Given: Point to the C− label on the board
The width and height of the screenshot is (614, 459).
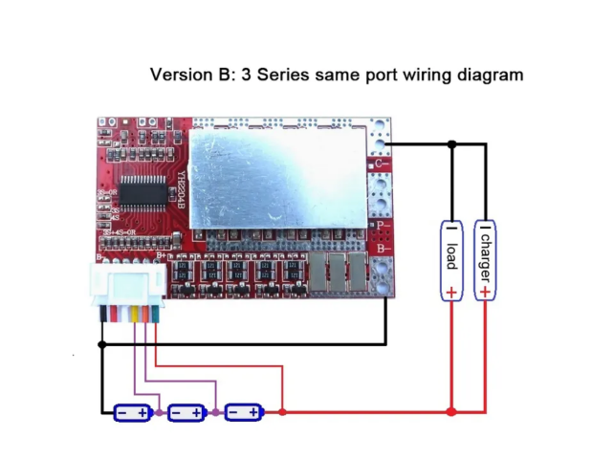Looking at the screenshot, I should (x=381, y=164).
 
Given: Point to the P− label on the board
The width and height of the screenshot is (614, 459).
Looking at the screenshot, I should (x=383, y=227).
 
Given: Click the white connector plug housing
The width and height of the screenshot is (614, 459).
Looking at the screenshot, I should (x=123, y=285).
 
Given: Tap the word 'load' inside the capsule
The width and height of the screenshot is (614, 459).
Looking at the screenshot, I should (x=451, y=254).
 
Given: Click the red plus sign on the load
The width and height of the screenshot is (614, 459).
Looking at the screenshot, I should (x=451, y=289).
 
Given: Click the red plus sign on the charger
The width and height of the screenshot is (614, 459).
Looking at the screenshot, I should (x=486, y=290).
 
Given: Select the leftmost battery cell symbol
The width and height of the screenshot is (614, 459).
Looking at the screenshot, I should (x=132, y=412).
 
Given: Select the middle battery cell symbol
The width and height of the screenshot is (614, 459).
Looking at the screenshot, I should (x=186, y=412).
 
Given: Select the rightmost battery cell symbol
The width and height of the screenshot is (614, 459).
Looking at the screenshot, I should (x=243, y=412).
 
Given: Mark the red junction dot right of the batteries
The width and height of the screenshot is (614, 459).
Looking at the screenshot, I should (x=283, y=412).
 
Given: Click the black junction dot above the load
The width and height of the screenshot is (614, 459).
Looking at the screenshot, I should (x=452, y=144).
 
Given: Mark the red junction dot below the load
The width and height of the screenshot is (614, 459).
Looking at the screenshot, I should (x=452, y=412).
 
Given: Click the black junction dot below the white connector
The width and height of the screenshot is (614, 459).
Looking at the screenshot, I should (x=102, y=342).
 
